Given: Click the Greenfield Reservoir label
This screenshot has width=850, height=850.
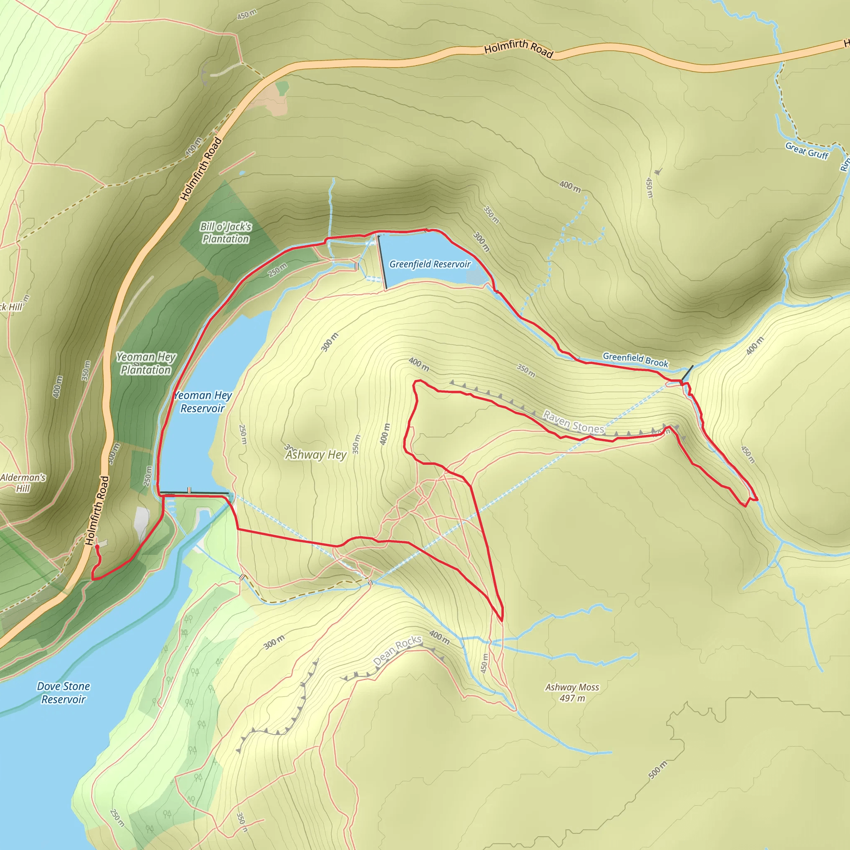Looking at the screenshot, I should click(x=430, y=264).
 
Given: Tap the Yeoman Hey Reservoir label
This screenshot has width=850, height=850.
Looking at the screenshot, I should click(x=203, y=402).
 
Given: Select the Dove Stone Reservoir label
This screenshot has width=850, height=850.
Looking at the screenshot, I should click(x=64, y=693).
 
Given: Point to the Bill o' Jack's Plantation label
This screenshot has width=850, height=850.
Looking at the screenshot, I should click(x=226, y=233).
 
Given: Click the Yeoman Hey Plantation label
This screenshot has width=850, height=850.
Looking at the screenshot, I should click(x=146, y=364).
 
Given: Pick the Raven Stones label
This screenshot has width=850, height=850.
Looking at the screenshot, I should click(x=573, y=422).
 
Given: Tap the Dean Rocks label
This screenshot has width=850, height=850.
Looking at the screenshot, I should click(x=397, y=650).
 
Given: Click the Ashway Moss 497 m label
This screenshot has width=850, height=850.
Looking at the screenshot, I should click(x=572, y=693).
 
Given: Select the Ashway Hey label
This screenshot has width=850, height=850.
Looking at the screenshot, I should click(x=316, y=454).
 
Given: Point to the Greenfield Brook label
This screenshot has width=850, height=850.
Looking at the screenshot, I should click(x=635, y=359).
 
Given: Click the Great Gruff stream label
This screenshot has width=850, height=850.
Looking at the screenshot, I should click(x=806, y=151).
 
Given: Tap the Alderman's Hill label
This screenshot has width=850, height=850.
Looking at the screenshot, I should click(x=23, y=483).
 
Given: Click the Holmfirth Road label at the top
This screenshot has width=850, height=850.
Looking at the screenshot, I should click(x=518, y=49).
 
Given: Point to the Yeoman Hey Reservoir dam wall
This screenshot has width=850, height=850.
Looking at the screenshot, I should click(x=193, y=493).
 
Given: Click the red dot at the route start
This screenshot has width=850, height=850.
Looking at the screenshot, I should click(x=97, y=547).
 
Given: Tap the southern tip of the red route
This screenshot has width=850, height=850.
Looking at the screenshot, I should click(x=501, y=621).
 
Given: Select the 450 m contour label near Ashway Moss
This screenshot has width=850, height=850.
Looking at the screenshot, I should click(x=484, y=663).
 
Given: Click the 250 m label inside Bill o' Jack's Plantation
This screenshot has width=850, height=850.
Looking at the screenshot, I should click(x=278, y=270).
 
